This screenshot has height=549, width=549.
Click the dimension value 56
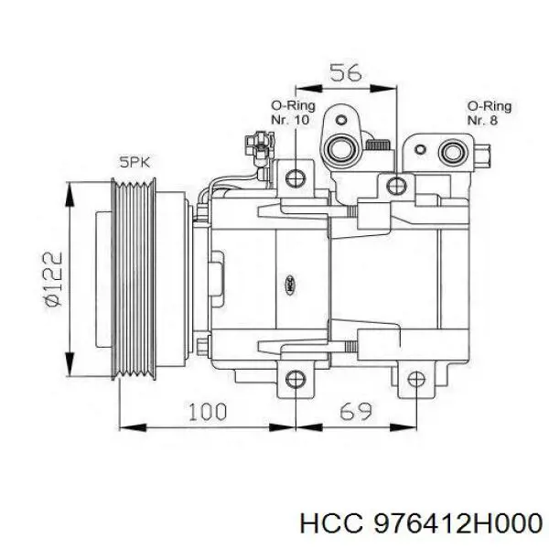click(x=346, y=73)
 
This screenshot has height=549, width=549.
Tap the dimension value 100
click(x=208, y=412)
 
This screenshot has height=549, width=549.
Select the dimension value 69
click(x=355, y=412)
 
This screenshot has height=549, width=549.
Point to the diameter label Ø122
click(x=53, y=279)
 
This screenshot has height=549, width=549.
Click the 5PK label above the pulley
click(x=135, y=163)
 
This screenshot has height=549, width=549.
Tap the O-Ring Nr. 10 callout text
click(x=293, y=113)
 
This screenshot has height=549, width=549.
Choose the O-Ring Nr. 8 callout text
click(x=490, y=113)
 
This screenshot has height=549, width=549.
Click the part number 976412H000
click(x=458, y=524)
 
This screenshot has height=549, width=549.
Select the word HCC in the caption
click(x=330, y=524)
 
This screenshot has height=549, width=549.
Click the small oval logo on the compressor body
click(x=290, y=285)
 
